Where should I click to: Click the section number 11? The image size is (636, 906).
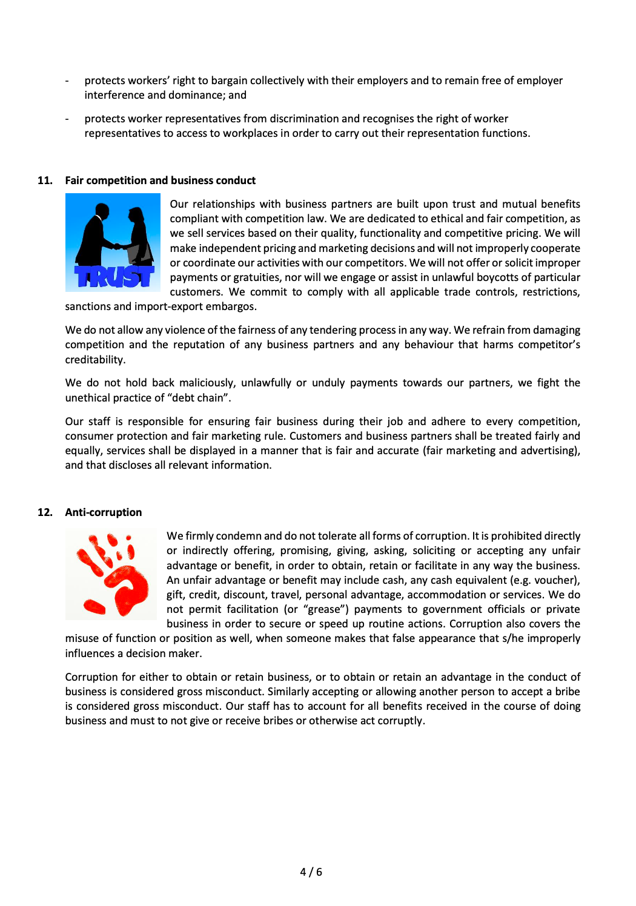(45, 180)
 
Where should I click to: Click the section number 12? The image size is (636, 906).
(45, 512)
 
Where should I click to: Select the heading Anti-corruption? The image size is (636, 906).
(104, 512)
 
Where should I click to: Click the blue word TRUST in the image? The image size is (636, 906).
(114, 277)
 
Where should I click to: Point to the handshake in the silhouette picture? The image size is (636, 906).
(119, 246)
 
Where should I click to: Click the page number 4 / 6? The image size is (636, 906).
(311, 872)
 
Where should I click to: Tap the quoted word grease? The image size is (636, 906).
(324, 609)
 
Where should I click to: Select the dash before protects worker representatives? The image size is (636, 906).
(67, 119)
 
